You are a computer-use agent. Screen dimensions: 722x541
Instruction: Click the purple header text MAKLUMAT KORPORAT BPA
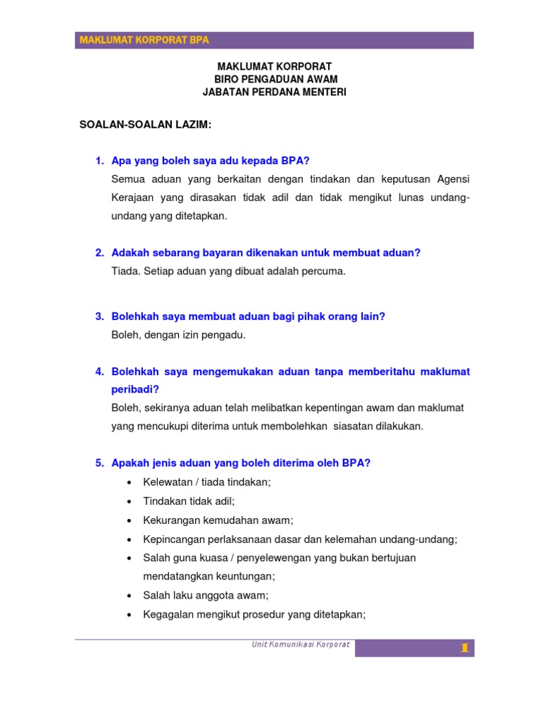[x=144, y=40]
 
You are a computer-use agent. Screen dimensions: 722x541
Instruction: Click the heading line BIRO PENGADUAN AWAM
[x=275, y=79]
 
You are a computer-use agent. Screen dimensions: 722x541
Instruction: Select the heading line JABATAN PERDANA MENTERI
[x=275, y=92]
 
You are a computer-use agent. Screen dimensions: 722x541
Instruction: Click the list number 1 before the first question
[x=99, y=161]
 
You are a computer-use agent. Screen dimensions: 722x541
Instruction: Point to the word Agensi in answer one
[x=453, y=179]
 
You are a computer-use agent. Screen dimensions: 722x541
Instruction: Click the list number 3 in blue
[x=99, y=317]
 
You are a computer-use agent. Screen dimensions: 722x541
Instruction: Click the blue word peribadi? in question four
[x=135, y=389]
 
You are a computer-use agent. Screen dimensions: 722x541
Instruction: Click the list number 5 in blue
[x=99, y=463]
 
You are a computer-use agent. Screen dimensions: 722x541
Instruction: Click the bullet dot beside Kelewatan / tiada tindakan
[x=129, y=482]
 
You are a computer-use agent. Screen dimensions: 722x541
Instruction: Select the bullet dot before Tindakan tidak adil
[x=129, y=501]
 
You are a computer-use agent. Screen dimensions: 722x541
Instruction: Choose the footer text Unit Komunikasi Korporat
[x=301, y=644]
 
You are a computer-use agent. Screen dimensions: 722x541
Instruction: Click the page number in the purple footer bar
[x=464, y=648]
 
